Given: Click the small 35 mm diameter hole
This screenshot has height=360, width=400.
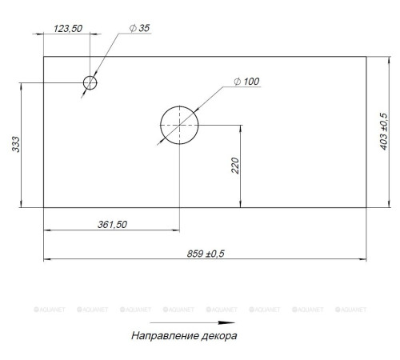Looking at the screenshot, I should (90, 82).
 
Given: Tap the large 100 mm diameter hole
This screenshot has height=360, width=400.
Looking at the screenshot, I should (179, 125).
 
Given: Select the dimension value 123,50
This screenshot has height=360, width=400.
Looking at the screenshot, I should (69, 28).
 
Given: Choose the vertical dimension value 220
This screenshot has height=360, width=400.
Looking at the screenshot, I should (234, 166).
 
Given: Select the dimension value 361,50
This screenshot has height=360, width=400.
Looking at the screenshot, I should (112, 224).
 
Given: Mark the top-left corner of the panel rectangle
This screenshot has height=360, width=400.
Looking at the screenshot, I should (43, 56).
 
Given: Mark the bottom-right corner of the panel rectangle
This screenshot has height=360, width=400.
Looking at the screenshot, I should (366, 206).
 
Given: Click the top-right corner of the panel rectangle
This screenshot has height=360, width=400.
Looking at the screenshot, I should (366, 56).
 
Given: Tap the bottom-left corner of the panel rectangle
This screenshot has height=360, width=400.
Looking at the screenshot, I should (43, 206).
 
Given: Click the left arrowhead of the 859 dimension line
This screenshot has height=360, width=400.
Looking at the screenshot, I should (46, 259).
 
